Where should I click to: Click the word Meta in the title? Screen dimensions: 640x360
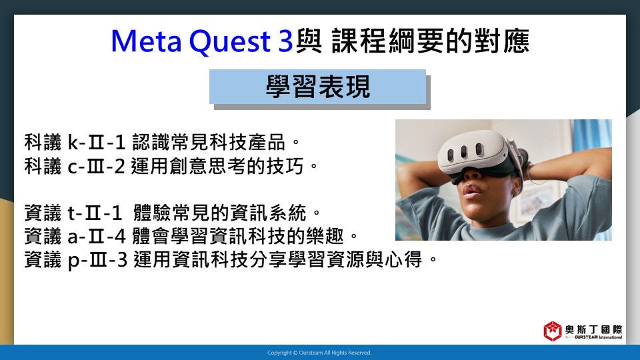pos(146,41)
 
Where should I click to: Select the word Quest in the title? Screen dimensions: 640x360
pos(230,42)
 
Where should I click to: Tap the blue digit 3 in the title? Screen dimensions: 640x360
pos(285,41)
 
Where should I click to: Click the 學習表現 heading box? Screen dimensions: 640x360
pos(317,87)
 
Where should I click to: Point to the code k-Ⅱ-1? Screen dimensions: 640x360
pos(96,143)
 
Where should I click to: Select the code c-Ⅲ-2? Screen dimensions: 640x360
pos(96,166)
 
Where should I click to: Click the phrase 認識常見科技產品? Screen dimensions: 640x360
pos(209,143)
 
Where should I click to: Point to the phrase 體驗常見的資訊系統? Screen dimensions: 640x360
pos(220,213)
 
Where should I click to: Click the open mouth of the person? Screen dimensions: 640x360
pos(471,191)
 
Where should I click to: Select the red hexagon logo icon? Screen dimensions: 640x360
pos(553,331)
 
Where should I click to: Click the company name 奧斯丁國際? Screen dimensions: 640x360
pos(594,329)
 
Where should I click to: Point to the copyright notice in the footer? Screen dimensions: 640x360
pos(319,353)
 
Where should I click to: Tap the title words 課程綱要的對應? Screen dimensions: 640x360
pos(431,41)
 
